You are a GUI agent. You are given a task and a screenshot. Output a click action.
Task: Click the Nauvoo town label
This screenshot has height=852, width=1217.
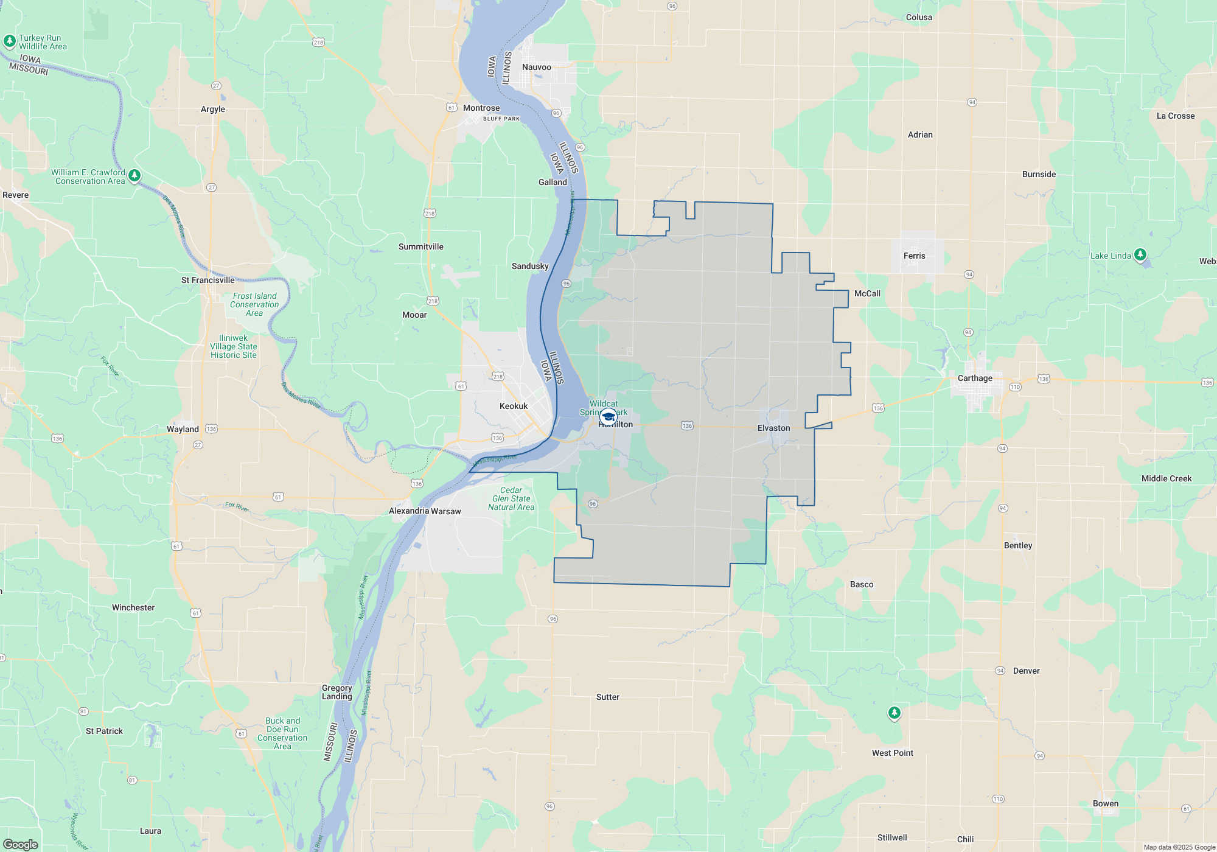536,68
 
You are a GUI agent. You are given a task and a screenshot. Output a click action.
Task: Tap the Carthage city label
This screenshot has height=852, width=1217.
975,378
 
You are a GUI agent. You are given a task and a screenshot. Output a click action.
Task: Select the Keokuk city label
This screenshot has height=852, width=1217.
514,406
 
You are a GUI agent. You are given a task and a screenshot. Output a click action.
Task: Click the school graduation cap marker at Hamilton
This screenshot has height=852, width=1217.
608,417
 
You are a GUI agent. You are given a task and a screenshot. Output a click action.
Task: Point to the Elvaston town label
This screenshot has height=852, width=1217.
773,428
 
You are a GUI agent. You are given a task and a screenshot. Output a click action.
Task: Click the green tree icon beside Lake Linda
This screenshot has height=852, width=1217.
1140,254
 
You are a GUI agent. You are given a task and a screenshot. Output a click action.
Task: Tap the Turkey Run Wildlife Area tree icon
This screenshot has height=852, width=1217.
9,41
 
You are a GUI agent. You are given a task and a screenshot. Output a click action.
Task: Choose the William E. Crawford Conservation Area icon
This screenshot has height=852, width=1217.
134,175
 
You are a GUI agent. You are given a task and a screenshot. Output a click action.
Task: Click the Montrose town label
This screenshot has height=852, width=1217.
481,108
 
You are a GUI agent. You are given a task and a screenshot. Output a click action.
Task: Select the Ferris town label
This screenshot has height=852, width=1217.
914,256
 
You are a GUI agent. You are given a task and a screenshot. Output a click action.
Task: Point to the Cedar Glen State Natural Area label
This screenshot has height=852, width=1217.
511,498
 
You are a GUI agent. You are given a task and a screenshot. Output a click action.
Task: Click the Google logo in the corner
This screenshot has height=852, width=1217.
21,845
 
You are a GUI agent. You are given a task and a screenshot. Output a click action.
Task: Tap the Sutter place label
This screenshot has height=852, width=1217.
607,697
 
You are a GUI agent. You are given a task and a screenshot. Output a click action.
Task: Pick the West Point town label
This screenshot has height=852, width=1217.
892,753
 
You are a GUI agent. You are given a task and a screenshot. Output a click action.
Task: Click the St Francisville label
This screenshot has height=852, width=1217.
207,280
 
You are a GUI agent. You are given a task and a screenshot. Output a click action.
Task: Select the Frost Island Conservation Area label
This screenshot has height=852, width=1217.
254,304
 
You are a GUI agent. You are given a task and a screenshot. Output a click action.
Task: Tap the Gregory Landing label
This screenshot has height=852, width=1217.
337,692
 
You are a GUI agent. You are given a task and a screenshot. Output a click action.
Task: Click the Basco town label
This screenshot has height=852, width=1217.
861,584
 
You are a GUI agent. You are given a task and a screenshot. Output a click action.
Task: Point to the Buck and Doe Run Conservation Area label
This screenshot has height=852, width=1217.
282,733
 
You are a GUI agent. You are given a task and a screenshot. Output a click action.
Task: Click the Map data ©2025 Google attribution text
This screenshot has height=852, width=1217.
1179,847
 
